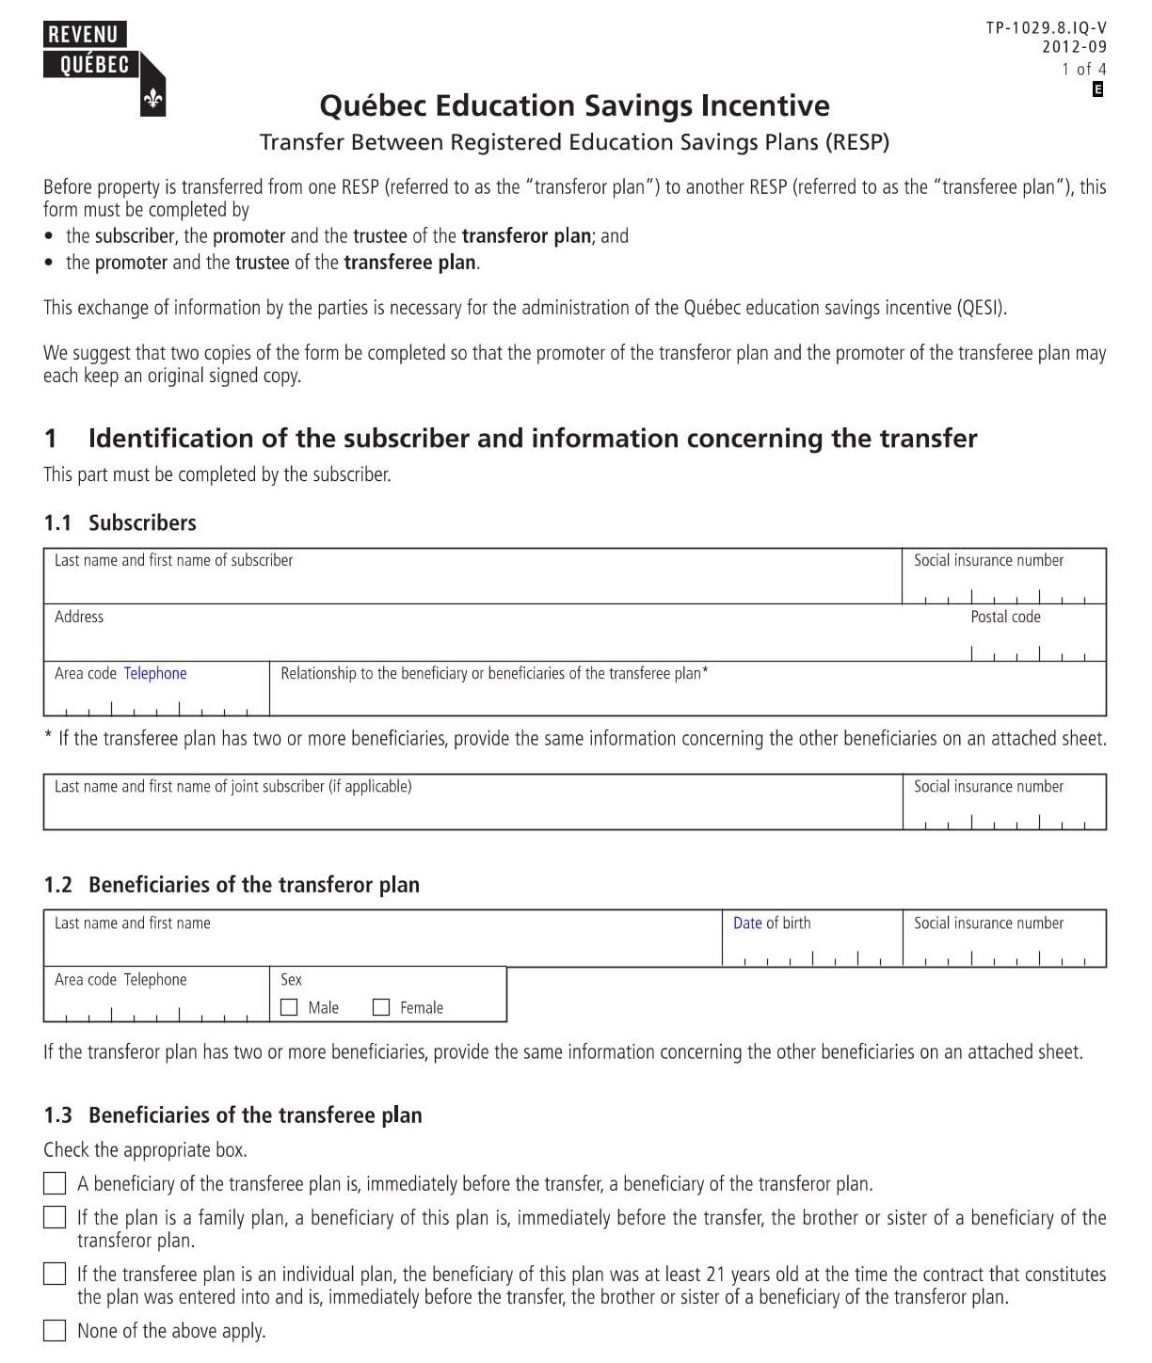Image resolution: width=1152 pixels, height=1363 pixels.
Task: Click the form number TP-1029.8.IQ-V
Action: [1046, 28]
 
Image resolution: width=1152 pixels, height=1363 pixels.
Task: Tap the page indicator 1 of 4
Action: [1083, 69]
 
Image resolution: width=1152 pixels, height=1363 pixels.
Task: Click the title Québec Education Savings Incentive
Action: [574, 105]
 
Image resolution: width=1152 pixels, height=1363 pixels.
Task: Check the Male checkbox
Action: [290, 1007]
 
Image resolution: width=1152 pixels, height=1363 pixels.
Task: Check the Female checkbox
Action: [381, 1007]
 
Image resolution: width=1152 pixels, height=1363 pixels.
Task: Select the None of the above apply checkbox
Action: [56, 1330]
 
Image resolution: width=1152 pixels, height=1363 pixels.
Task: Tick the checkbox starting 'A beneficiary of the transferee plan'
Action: [56, 1183]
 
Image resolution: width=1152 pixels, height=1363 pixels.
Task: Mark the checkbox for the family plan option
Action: [56, 1217]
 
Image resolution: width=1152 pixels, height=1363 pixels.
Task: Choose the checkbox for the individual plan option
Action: [56, 1274]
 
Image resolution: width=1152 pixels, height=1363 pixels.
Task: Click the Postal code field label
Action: [1005, 617]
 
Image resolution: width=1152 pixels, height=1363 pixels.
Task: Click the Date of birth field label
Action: [771, 922]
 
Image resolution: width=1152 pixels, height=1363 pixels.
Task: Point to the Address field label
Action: [79, 617]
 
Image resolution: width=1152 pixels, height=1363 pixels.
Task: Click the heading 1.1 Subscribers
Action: [120, 522]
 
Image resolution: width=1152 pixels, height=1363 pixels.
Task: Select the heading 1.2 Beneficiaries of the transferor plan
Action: [232, 885]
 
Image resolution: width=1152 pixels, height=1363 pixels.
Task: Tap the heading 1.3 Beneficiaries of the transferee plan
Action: [232, 1115]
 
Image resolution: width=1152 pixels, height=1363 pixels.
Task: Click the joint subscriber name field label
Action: [232, 786]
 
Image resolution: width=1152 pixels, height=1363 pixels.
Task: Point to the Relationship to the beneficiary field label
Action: [494, 673]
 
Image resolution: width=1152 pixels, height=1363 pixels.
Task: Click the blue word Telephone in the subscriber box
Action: [155, 673]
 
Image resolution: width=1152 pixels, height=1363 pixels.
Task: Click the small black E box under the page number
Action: [1097, 89]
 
